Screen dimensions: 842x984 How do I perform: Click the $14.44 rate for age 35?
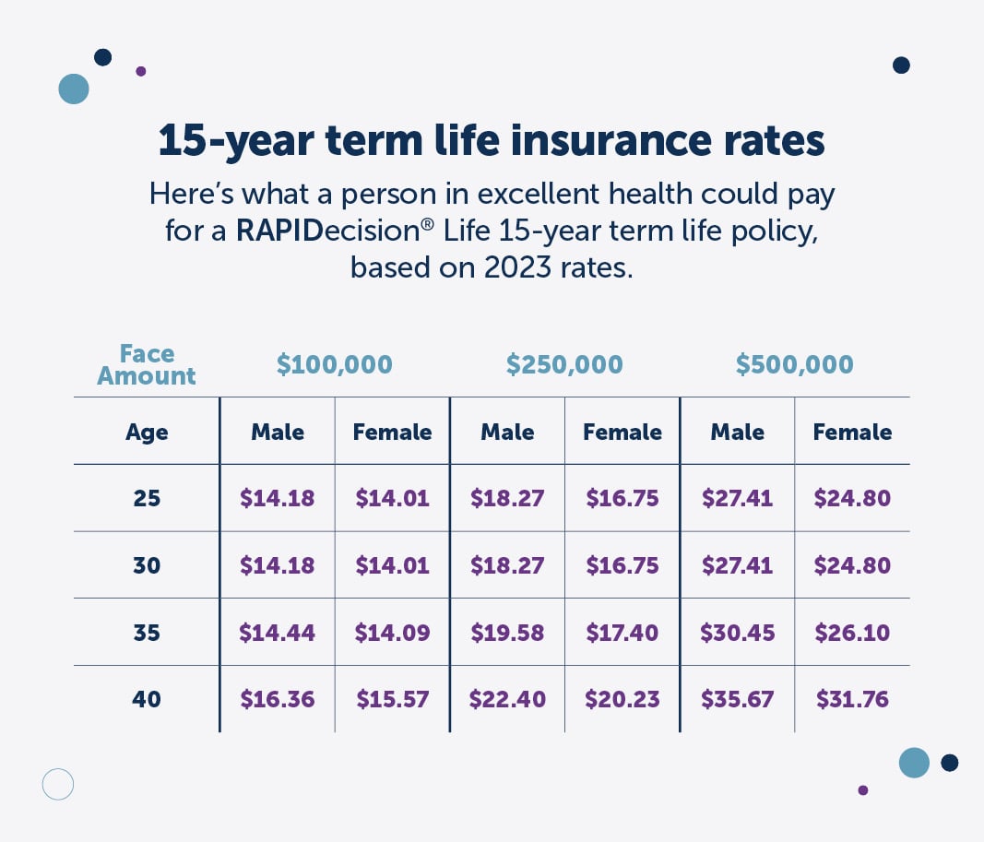click(277, 633)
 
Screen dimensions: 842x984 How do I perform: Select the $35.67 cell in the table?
click(737, 699)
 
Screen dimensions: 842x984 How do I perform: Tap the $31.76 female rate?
click(852, 699)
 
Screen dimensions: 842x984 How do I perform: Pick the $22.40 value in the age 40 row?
click(506, 699)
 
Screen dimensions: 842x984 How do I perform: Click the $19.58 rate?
click(506, 633)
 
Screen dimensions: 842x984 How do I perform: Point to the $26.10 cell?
click(852, 633)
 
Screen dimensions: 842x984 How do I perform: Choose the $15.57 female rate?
click(392, 699)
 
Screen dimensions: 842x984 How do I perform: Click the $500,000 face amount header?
click(794, 364)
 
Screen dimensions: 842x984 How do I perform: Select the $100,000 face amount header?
click(335, 364)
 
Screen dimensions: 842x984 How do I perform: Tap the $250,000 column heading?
click(564, 364)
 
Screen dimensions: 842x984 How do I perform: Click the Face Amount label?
click(147, 365)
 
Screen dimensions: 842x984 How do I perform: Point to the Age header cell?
click(147, 432)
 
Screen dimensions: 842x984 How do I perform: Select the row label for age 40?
click(147, 699)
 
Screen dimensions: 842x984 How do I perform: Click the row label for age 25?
click(147, 499)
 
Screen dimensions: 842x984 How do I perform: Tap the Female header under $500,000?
click(852, 432)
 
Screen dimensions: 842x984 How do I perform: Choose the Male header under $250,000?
click(506, 432)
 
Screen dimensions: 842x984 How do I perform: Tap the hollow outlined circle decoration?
click(57, 784)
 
